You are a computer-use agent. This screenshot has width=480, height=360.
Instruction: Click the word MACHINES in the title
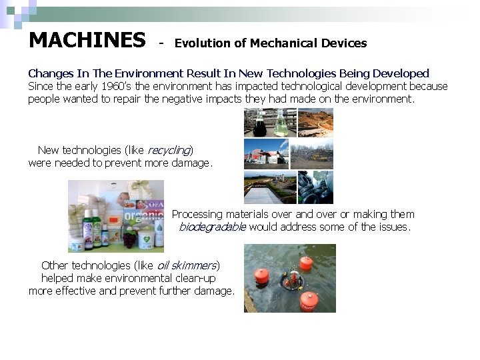[87, 41]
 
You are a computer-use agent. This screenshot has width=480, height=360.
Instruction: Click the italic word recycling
[169, 151]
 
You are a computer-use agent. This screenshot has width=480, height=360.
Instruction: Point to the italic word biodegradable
[212, 227]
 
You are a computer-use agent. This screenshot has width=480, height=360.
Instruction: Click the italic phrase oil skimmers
[187, 265]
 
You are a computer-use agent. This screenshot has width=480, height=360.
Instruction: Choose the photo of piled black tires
[315, 187]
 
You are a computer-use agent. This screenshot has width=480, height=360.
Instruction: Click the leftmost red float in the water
[262, 274]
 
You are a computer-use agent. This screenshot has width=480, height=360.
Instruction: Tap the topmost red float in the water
[306, 263]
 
